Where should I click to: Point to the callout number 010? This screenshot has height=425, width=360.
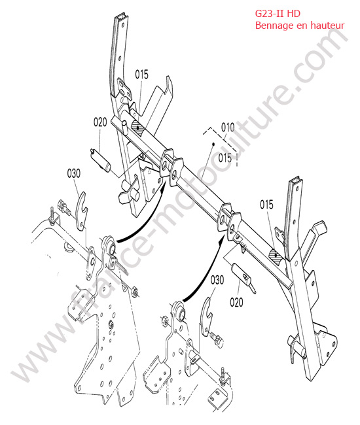[x=228, y=127]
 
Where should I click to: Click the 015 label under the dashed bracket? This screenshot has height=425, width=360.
[x=225, y=158]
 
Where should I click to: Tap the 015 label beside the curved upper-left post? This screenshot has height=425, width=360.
[x=142, y=75]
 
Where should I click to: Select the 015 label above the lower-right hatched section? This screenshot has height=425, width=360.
[x=266, y=205]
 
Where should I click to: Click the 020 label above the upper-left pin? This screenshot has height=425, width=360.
[x=100, y=122]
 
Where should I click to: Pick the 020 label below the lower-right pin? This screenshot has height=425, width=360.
[x=236, y=302]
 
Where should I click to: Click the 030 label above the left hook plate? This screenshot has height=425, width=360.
[x=73, y=173]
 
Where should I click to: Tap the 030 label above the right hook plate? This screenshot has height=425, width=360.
[x=217, y=280]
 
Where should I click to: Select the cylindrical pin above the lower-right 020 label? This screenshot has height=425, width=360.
[x=242, y=276]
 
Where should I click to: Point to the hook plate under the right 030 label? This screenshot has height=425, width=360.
[x=207, y=316]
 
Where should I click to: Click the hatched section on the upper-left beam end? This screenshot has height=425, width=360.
[x=138, y=127]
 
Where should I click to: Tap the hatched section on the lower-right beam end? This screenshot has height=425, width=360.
[x=276, y=255]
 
